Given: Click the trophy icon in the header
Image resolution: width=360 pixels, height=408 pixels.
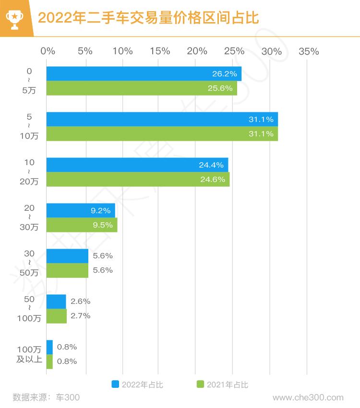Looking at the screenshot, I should coord(14,18).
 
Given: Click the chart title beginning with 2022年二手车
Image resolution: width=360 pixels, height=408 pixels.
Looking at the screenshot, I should coord(148,18).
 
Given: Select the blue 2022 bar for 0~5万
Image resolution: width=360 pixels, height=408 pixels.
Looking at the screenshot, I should coord(144,74).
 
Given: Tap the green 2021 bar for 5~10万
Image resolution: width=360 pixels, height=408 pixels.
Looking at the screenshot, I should coord(162,134).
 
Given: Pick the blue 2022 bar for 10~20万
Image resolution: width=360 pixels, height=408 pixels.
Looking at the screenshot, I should coord(137,165).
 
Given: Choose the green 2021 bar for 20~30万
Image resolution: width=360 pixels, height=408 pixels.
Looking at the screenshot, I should coord(82,225).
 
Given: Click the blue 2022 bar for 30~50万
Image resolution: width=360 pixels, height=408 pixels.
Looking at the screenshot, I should coord(67,256).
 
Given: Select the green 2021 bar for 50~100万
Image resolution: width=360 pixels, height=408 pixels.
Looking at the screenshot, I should coord(57,316).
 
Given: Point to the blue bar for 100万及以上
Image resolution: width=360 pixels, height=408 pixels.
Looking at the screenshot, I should coord(49,347).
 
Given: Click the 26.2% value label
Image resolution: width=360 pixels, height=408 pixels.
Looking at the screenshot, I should coord(225,74).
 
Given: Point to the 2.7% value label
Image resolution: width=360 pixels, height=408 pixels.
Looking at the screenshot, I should coord(80,316).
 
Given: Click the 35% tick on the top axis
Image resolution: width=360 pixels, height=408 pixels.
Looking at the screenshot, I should coord(309,51).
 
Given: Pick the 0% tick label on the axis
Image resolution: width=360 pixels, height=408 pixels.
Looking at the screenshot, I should coord(48,51).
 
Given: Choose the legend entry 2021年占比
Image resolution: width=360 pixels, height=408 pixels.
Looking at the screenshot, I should coord(223,384).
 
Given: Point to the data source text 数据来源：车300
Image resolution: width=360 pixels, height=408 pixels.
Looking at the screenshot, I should coord(46,397).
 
